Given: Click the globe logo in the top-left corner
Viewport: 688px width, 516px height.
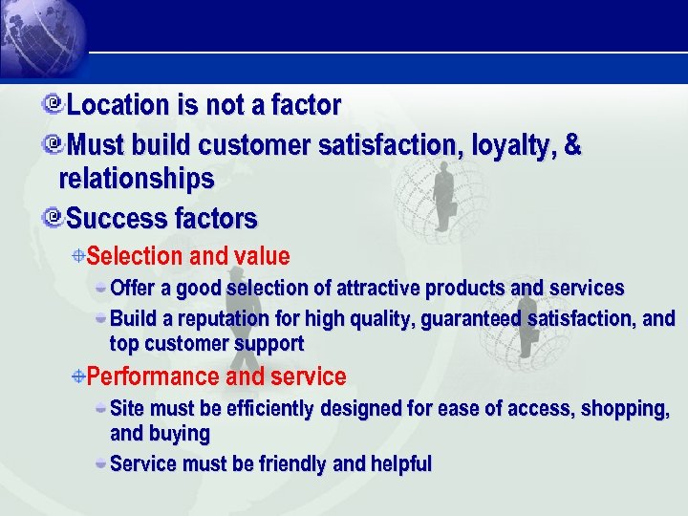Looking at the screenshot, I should [x=38, y=38].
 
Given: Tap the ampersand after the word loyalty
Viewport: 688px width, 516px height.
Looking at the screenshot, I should [x=572, y=146].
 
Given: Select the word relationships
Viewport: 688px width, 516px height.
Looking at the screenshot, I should [x=136, y=180].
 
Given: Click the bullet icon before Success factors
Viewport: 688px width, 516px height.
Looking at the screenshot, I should [x=54, y=218].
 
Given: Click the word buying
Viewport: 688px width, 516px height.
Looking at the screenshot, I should [x=179, y=434].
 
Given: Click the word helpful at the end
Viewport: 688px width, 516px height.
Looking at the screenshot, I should [x=400, y=464].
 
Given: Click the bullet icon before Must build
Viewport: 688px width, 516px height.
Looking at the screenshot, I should [x=54, y=145].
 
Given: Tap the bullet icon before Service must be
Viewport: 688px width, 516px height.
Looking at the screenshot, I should [x=101, y=463].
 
